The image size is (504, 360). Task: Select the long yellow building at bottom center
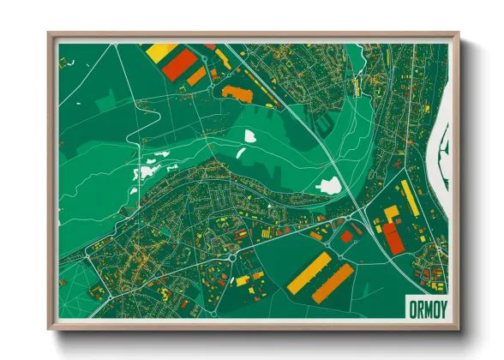(308, 273)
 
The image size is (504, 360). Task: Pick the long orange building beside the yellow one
(332, 283)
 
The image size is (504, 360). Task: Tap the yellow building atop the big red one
(391, 213)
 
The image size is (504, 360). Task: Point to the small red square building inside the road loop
(346, 237)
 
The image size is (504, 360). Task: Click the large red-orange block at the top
(179, 64)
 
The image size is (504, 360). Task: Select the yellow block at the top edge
(161, 51)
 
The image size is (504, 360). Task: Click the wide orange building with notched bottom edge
(237, 93)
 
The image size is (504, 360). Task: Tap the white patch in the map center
(250, 135)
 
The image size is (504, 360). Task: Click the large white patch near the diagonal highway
(328, 185)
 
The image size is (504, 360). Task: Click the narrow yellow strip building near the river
(411, 198)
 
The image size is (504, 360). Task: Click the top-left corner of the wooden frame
(50, 34)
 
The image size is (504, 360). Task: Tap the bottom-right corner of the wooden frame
(458, 329)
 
